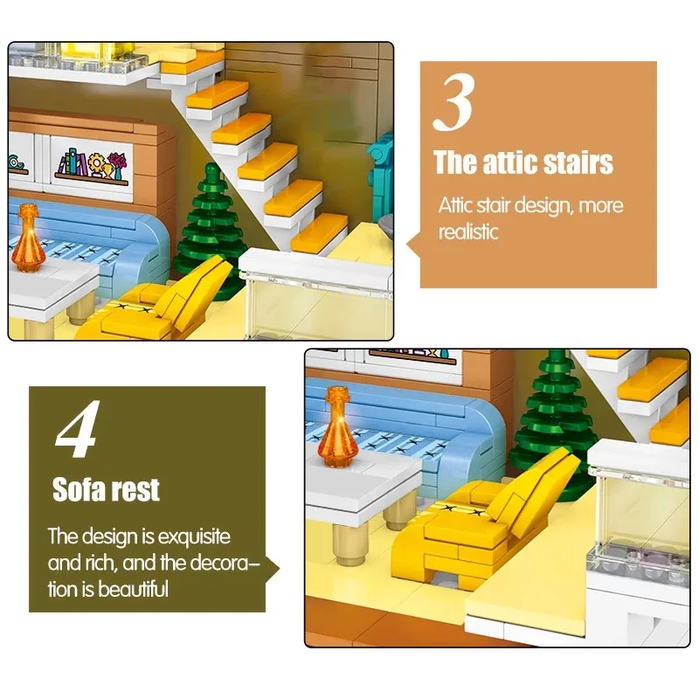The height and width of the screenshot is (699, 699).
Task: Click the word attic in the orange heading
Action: pyautogui.click(x=509, y=163)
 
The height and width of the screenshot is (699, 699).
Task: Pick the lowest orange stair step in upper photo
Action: pyautogui.click(x=318, y=231)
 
